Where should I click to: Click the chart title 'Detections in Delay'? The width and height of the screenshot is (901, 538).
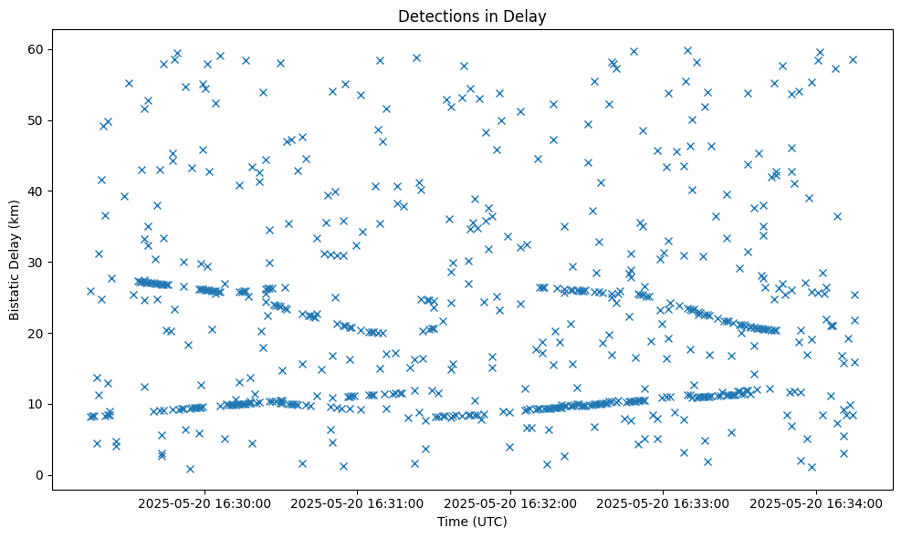pos(472,16)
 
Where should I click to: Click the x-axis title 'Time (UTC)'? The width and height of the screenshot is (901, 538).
pos(472,522)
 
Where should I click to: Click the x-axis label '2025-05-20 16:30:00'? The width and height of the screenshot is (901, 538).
pos(204,502)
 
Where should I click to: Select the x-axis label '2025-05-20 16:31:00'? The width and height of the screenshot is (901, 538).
pos(357,502)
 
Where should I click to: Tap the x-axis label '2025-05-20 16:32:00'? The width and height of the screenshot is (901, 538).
pos(510,502)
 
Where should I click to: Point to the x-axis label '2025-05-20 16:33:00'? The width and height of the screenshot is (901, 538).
pos(663,502)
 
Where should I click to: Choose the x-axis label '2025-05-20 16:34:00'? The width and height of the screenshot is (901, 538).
pos(815,502)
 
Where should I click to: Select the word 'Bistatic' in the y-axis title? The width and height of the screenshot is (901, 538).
pos(15,289)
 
